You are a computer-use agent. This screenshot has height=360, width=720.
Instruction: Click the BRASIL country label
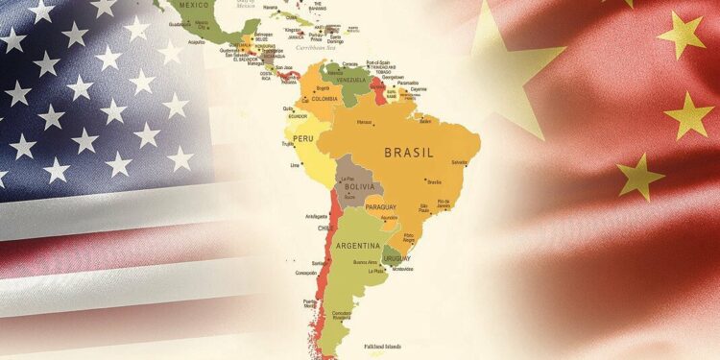408,152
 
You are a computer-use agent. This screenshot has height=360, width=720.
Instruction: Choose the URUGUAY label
392,257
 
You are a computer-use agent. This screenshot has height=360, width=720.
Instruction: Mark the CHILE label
326,228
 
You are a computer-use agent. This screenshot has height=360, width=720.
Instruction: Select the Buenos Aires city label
365,261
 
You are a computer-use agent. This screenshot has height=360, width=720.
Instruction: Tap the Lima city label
295,165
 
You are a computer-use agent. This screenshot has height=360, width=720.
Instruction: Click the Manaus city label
364,122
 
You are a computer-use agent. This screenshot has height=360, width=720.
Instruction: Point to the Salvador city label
460,162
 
